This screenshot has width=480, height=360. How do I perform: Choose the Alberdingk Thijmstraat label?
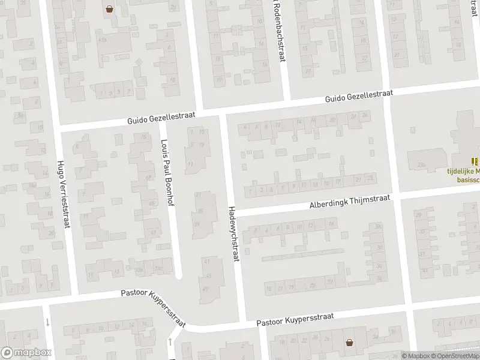pos(350,201)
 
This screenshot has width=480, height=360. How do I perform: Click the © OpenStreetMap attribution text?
pos(456,356)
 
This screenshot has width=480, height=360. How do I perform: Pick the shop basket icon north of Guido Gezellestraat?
pos(110,9)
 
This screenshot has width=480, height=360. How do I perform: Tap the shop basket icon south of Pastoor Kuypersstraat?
pos(349,343)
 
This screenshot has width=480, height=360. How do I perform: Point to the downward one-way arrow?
pos(47,322)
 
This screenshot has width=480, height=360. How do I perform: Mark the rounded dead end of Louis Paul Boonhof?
pos(178,276)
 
